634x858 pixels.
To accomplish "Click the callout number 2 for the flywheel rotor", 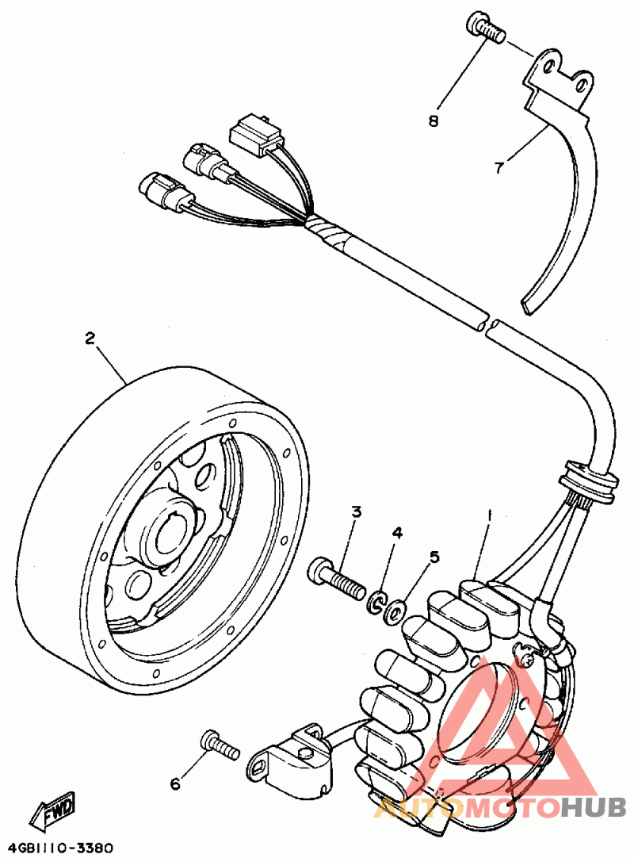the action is [x=90, y=338].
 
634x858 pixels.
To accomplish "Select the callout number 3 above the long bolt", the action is [x=356, y=512].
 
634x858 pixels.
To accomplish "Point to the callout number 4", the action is [x=397, y=532].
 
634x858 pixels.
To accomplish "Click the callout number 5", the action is [x=433, y=557].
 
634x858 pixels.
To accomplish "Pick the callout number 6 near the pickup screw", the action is [x=175, y=785].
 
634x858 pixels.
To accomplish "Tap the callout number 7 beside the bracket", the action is [x=498, y=167].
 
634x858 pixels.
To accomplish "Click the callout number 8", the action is [x=433, y=121].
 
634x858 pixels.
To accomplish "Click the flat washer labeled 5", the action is [x=395, y=609].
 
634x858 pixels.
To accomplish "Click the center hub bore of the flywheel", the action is [x=170, y=531].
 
